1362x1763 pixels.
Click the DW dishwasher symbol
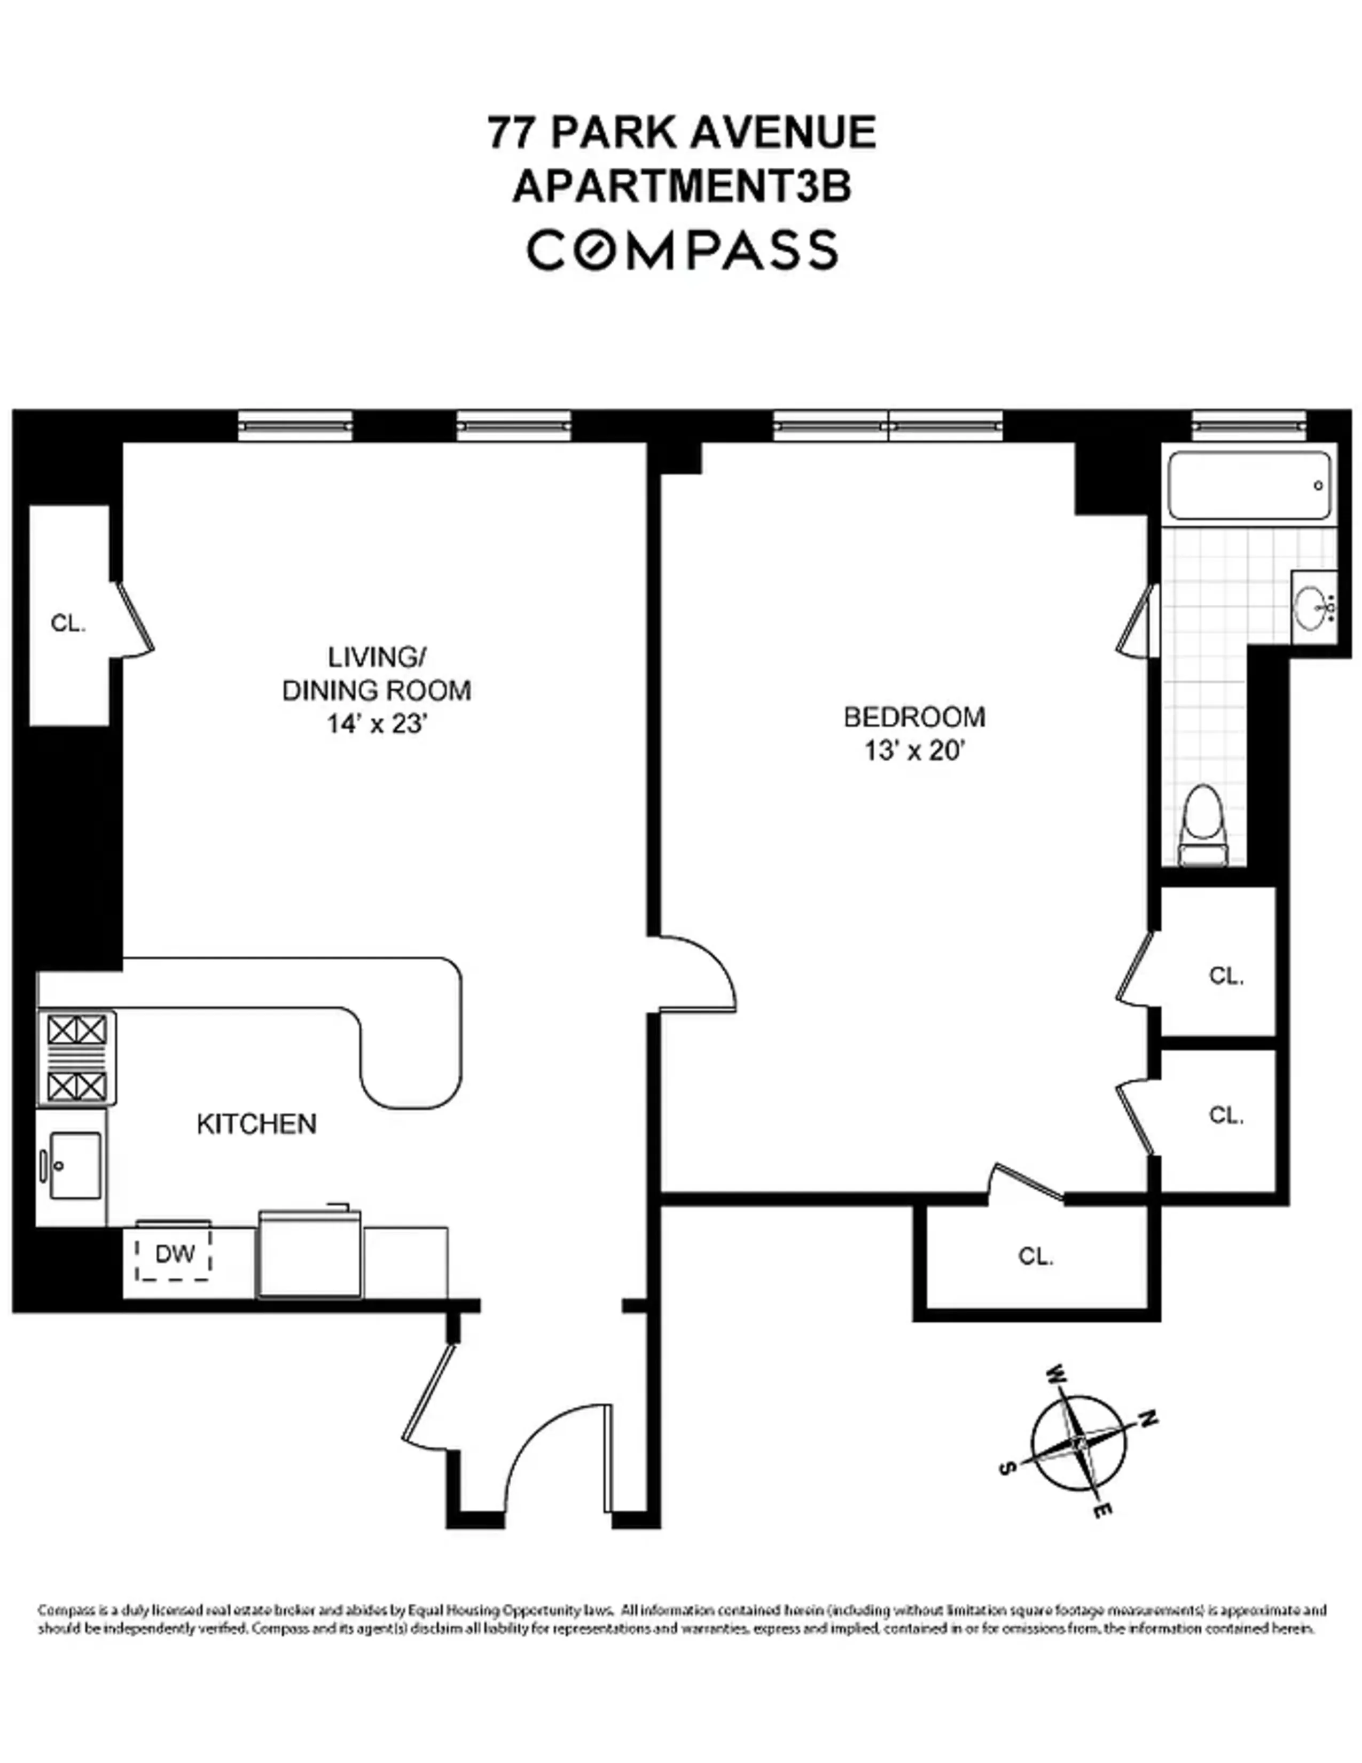174,1254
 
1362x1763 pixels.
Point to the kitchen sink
74,1165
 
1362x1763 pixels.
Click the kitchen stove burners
77,1058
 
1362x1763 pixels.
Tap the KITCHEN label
256,1124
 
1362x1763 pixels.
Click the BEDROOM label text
914,717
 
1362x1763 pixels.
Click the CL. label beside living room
68,623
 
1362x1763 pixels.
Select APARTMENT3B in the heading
683,188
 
